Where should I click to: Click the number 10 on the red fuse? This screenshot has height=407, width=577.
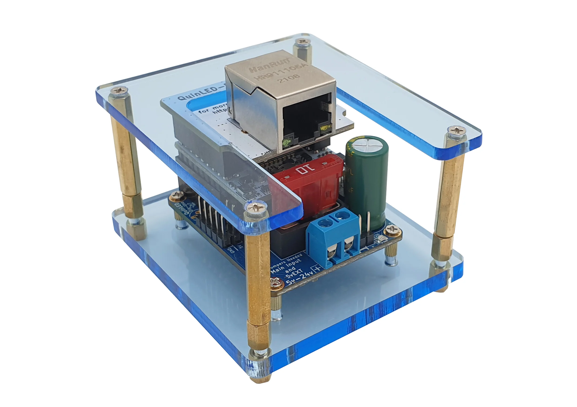pyautogui.click(x=305, y=169)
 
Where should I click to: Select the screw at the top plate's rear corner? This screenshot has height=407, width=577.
pyautogui.click(x=303, y=41)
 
